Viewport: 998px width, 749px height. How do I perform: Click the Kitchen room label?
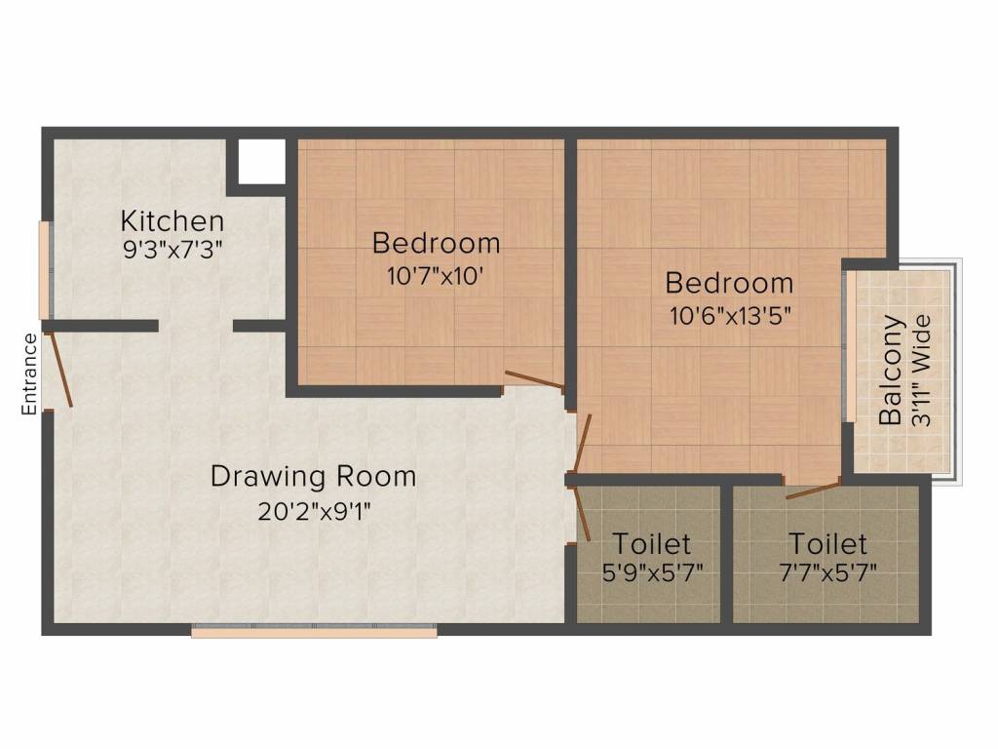tap(172, 221)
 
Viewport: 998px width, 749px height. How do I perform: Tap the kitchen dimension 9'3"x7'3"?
tap(173, 249)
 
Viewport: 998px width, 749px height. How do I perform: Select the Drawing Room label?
tap(313, 477)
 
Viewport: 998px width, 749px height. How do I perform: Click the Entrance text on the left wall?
tap(29, 374)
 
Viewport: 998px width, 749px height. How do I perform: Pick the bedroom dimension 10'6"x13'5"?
tap(728, 315)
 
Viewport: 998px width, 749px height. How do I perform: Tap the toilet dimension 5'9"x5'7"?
tap(652, 572)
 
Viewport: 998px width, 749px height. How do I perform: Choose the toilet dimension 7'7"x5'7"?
tap(826, 572)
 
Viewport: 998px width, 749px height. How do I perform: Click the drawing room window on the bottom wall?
tap(314, 632)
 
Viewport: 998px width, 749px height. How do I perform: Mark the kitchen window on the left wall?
tap(44, 270)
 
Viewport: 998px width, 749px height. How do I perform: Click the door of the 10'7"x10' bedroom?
tap(533, 380)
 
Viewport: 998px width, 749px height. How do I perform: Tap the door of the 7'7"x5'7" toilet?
tap(813, 489)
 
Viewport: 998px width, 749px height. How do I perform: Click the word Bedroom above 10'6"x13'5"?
tap(729, 284)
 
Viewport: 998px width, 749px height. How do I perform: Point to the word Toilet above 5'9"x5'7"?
tap(651, 543)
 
